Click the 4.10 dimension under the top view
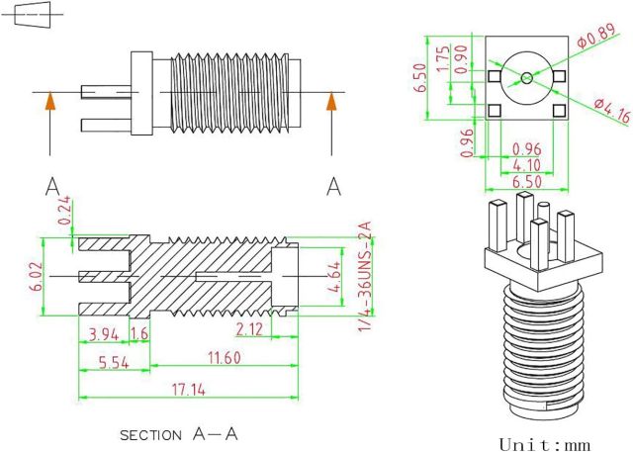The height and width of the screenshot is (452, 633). [526, 165]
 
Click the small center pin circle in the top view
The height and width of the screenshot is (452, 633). [526, 76]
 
